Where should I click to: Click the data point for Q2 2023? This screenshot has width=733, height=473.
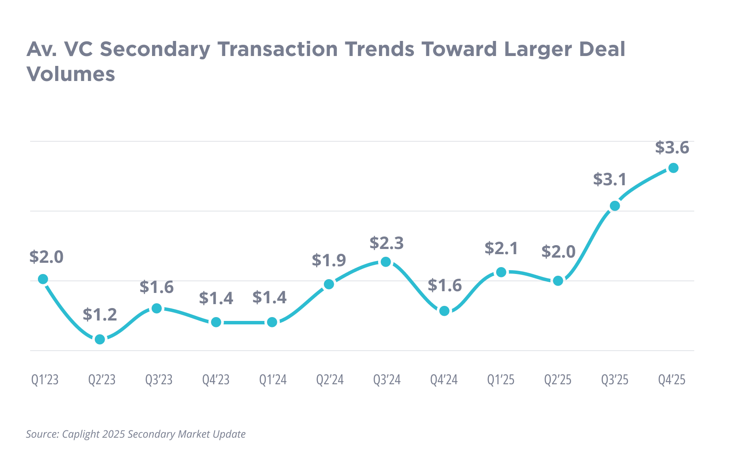pyautogui.click(x=100, y=339)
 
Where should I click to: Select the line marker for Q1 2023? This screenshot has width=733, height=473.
pyautogui.click(x=43, y=279)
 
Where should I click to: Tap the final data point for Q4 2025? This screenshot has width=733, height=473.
pyautogui.click(x=673, y=168)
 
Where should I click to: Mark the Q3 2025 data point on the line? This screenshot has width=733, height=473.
pyautogui.click(x=615, y=206)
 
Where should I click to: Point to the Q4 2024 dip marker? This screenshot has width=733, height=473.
pyautogui.click(x=444, y=311)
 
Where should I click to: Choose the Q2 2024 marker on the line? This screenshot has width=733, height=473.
pyautogui.click(x=329, y=284)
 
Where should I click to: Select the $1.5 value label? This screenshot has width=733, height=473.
pyautogui.click(x=158, y=288)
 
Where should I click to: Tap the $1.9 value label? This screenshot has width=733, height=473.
pyautogui.click(x=329, y=261)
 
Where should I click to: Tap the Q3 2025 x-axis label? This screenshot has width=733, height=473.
pyautogui.click(x=615, y=380)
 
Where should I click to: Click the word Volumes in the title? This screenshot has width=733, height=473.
pyautogui.click(x=72, y=75)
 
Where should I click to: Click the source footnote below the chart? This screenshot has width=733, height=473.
pyautogui.click(x=136, y=434)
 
